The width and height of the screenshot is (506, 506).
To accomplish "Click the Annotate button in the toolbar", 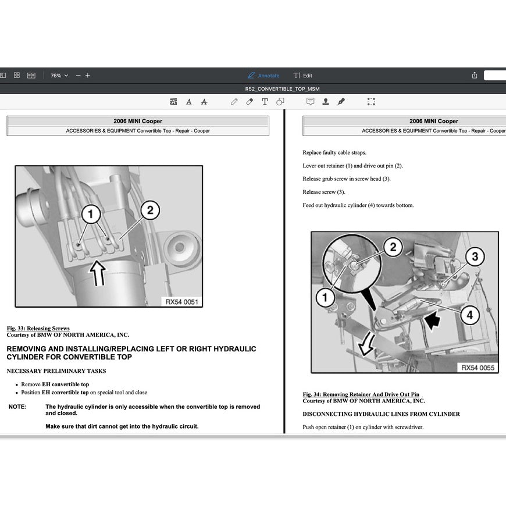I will (x=263, y=76).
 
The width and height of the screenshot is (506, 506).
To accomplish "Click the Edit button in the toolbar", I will (x=303, y=76).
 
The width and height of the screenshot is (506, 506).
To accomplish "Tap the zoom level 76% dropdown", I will (x=59, y=76).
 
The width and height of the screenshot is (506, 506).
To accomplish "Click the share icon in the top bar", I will (x=475, y=76).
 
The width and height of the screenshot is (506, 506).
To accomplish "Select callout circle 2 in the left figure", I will (x=150, y=210).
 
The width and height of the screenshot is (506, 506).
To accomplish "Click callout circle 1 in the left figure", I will (x=90, y=215).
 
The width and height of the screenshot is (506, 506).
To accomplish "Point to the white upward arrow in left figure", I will (x=98, y=272).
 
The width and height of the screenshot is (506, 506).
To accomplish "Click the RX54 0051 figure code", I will (x=181, y=301).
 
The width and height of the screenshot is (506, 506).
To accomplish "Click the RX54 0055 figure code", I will (x=478, y=368).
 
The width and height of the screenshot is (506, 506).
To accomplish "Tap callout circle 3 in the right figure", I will (x=475, y=256).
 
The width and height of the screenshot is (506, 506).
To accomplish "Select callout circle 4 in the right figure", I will (x=469, y=316).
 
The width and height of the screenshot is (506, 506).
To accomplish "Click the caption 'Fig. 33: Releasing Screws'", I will (x=38, y=329).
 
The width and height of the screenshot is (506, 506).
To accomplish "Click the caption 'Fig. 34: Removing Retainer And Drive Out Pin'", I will (x=361, y=394).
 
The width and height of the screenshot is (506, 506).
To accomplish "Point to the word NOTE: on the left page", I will (x=17, y=407).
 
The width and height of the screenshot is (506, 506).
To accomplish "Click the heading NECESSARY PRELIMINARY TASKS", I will (x=56, y=371).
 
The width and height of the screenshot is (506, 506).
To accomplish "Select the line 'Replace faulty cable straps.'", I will (x=334, y=153).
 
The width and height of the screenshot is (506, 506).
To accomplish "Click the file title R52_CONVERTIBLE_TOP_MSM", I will (x=282, y=89).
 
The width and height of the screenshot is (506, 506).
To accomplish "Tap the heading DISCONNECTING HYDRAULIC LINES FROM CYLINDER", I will (x=381, y=414).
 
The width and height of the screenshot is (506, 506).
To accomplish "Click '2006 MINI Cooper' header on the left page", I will (x=138, y=122).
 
